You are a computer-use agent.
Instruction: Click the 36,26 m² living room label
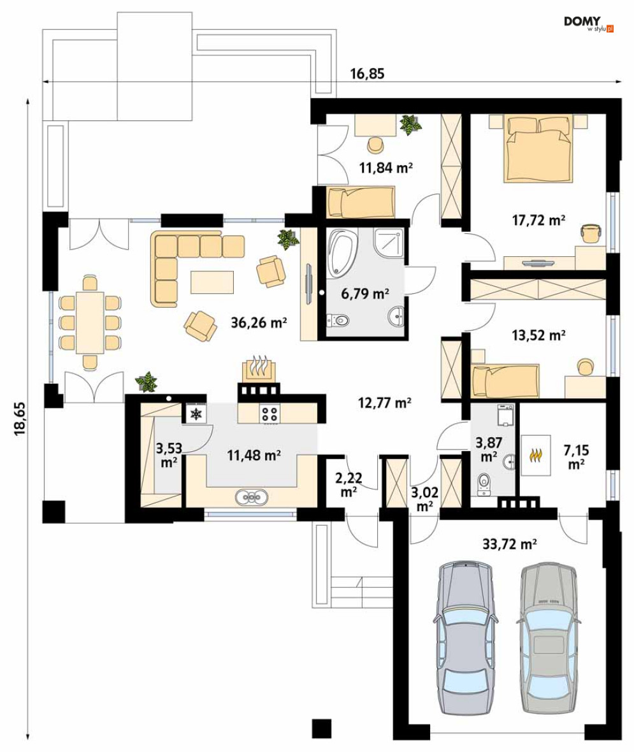click(259, 322)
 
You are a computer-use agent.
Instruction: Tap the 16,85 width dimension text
click(367, 73)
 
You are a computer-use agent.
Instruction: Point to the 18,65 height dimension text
click(20, 419)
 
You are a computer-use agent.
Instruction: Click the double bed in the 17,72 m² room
click(538, 148)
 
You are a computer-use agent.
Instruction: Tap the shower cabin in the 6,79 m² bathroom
click(389, 243)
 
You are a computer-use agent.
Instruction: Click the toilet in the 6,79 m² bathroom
click(338, 320)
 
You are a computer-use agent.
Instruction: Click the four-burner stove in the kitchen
click(270, 414)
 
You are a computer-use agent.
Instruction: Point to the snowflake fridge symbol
click(196, 414)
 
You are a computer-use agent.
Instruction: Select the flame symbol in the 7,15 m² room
click(536, 454)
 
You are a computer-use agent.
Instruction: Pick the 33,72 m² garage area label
click(509, 544)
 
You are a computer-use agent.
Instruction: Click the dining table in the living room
click(90, 322)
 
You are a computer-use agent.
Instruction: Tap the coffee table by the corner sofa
click(212, 282)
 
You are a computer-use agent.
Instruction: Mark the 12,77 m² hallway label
click(385, 402)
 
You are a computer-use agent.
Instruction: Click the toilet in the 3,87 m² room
click(485, 482)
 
